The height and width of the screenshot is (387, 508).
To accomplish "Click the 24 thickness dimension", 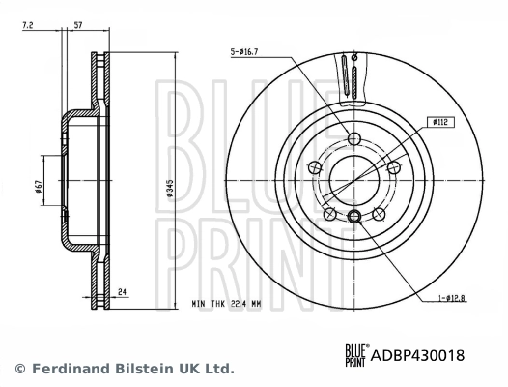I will click(122, 288).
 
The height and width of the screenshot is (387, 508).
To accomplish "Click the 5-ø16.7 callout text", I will click(247, 50).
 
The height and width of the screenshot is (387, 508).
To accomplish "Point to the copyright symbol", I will click(20, 370).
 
